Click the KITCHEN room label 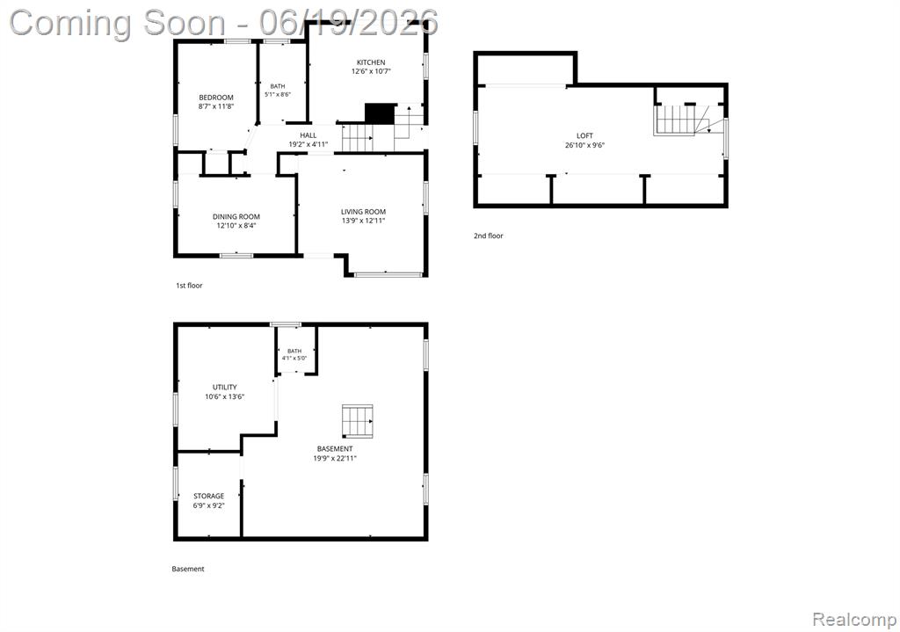click(371, 62)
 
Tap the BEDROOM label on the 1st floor click(216, 98)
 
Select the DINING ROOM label click(236, 216)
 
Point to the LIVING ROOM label click(363, 211)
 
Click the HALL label click(308, 135)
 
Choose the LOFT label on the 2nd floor click(584, 135)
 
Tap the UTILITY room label click(224, 387)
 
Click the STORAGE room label click(208, 496)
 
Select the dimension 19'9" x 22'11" click(335, 458)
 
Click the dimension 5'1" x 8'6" click(277, 94)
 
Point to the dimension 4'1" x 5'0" click(294, 358)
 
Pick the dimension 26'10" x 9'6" click(584, 145)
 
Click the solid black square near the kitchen click(380, 113)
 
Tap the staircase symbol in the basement click(358, 421)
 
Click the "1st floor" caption click(189, 286)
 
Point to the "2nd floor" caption click(489, 236)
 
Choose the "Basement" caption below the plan click(188, 569)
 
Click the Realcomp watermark click(854, 620)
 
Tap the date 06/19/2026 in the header click(348, 23)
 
